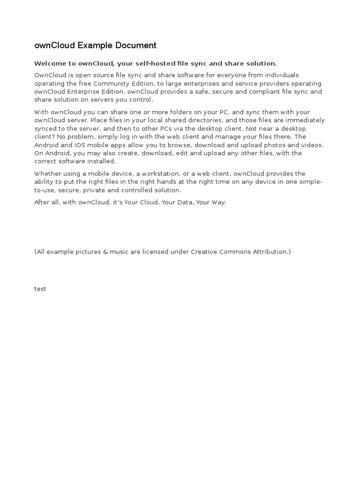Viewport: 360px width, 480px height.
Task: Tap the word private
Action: tap(95, 190)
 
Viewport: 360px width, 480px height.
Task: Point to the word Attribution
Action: tap(271, 252)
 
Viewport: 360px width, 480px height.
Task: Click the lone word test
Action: tap(40, 289)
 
